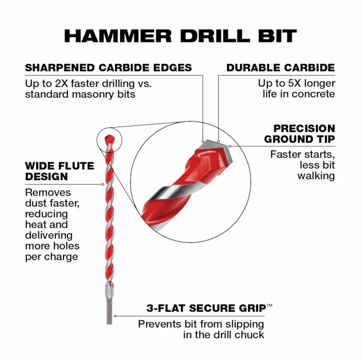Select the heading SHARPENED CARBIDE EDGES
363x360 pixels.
108,67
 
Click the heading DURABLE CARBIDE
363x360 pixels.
281,67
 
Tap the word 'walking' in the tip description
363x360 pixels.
316,176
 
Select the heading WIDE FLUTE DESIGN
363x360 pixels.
59,171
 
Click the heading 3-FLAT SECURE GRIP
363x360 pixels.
206,308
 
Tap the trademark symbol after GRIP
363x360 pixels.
269,305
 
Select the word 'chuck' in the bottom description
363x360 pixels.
249,334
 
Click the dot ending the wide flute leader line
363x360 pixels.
103,184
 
